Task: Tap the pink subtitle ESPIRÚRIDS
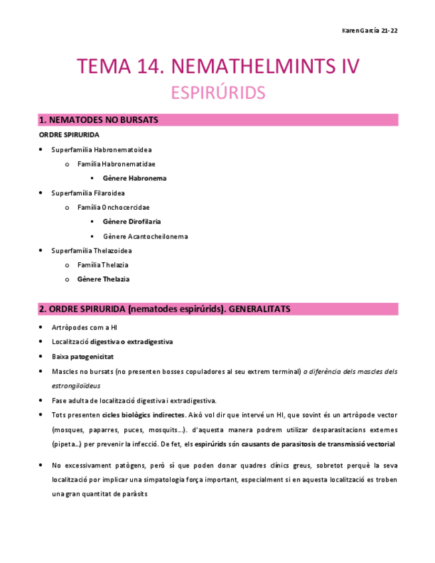(x=217, y=92)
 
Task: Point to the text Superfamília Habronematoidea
(x=97, y=149)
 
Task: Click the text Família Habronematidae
(x=116, y=163)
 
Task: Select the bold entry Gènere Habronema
(x=135, y=178)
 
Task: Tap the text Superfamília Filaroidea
(x=87, y=193)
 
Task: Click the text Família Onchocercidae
(x=114, y=207)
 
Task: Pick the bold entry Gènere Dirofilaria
(x=132, y=222)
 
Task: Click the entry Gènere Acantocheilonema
(x=145, y=236)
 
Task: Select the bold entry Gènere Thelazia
(x=104, y=280)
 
